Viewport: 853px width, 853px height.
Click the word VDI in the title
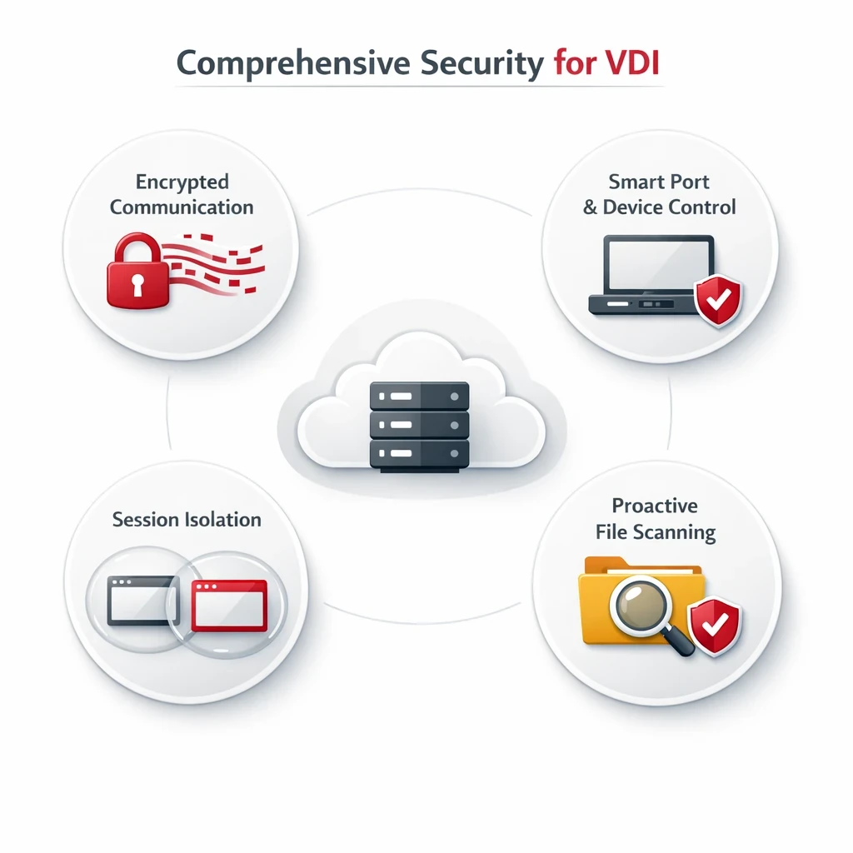(x=633, y=62)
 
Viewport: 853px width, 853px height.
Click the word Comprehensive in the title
(x=293, y=63)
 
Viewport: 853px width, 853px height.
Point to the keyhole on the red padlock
(x=137, y=285)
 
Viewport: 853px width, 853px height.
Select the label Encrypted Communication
(x=182, y=194)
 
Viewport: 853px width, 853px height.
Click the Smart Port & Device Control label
(x=659, y=194)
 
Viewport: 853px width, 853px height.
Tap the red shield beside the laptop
(x=718, y=300)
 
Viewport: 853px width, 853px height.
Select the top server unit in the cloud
(x=419, y=396)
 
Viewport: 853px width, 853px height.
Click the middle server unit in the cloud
(x=419, y=425)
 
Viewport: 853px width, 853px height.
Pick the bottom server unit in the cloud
(x=419, y=454)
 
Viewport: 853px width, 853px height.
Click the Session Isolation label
(x=187, y=520)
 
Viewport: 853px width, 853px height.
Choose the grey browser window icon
(x=143, y=601)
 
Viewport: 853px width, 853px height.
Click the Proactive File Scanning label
(x=655, y=518)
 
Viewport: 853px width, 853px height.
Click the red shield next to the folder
(x=714, y=626)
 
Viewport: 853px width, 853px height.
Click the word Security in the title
(x=482, y=63)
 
